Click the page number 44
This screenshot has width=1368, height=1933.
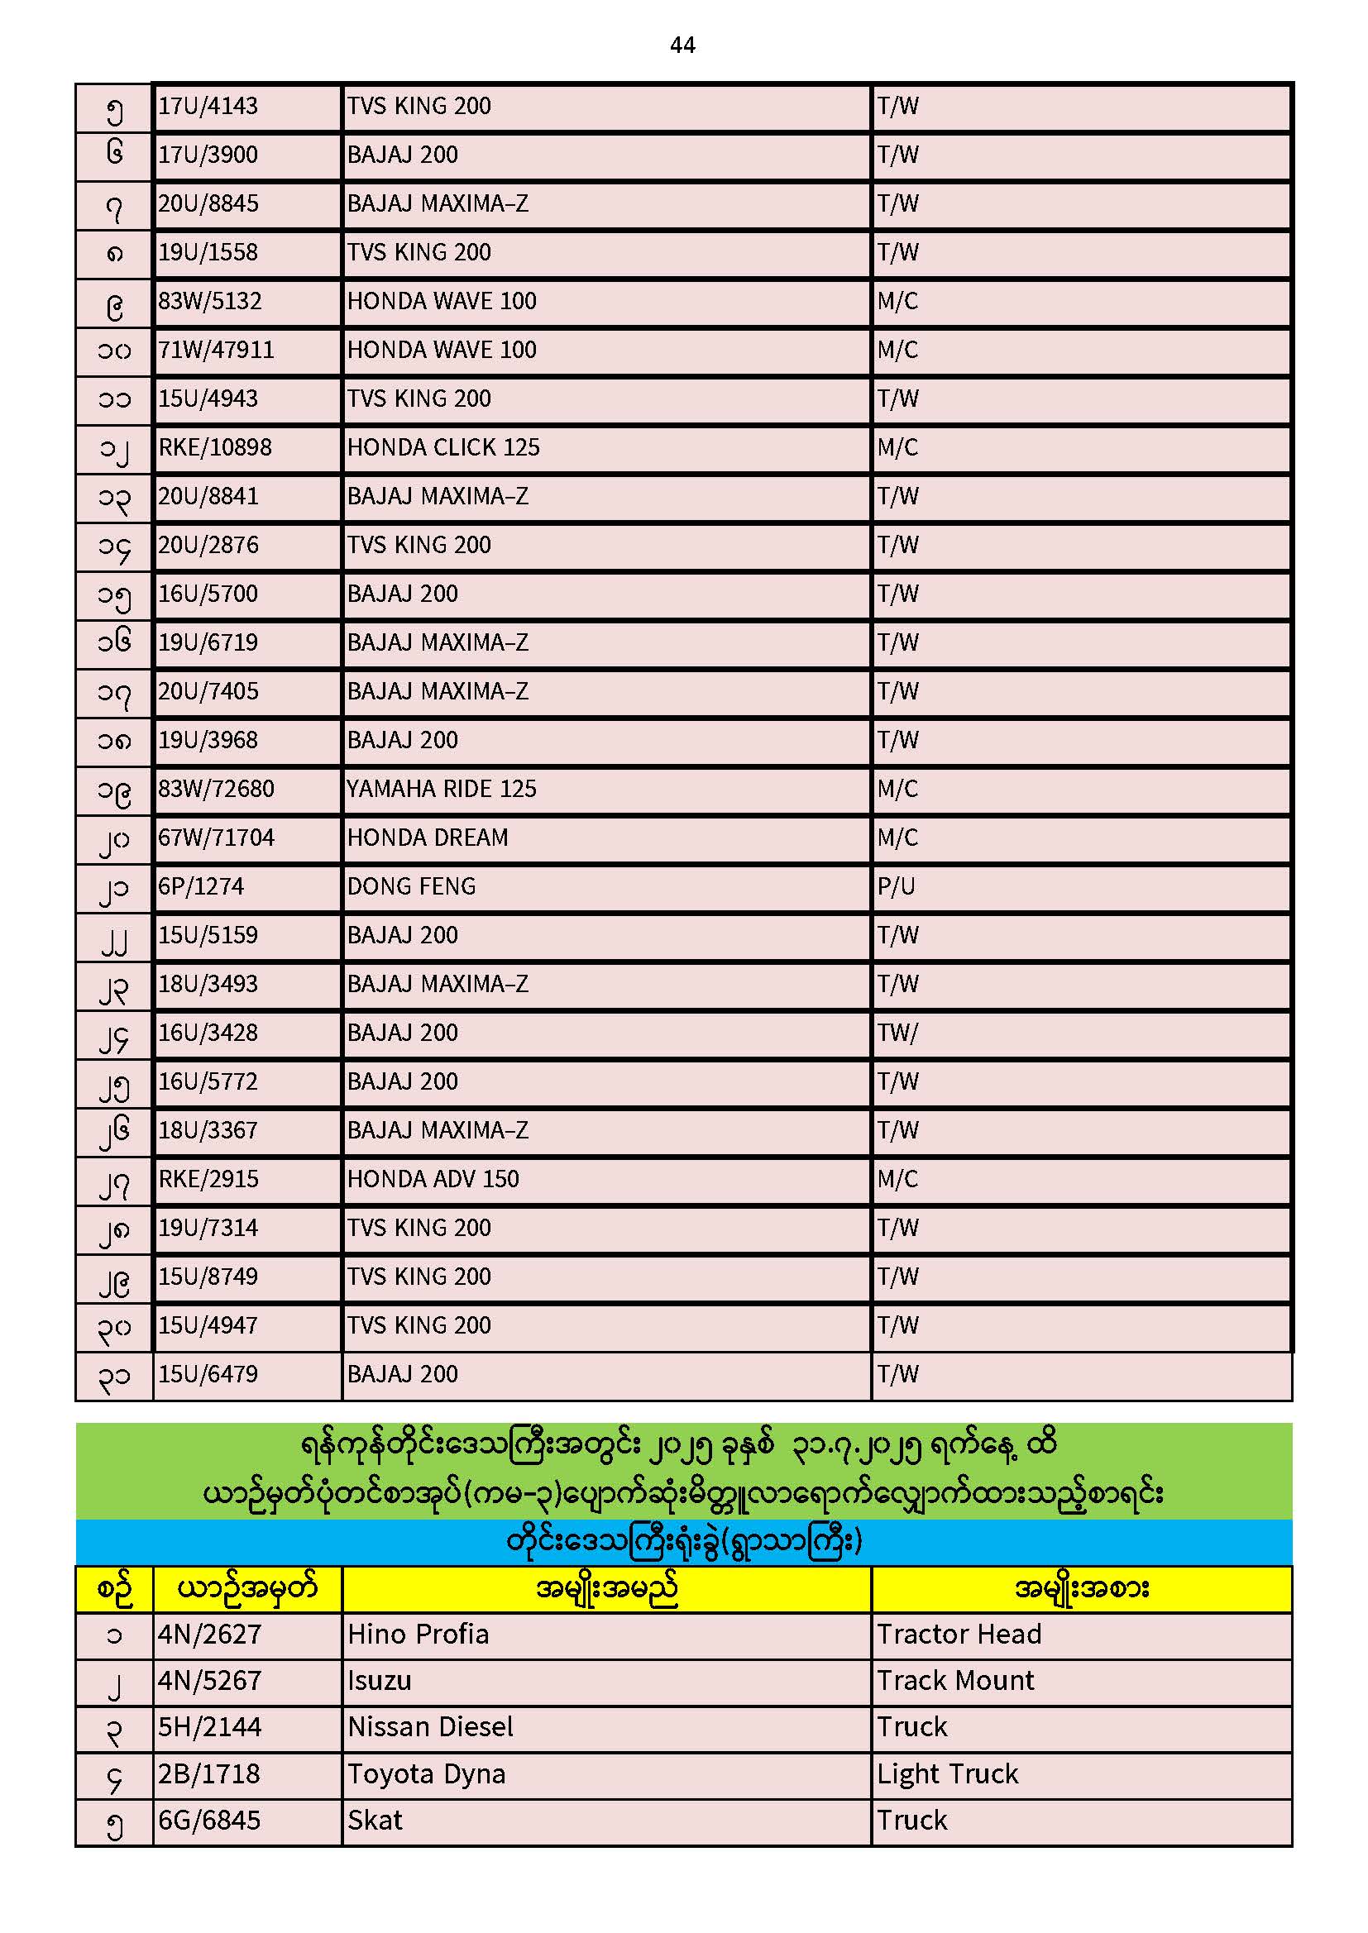(x=682, y=45)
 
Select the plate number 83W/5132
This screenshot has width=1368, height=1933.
(x=210, y=301)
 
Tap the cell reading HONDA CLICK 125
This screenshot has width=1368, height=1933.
(x=443, y=447)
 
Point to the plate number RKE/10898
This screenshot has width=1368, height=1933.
(x=215, y=447)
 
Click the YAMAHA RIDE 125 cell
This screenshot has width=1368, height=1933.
(x=442, y=789)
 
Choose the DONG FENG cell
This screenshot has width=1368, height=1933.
(x=411, y=886)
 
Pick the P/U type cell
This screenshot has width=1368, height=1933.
(x=896, y=886)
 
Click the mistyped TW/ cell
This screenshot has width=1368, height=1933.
(x=897, y=1033)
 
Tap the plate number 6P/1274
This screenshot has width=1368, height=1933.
(x=200, y=886)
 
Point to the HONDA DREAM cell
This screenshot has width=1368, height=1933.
(x=427, y=838)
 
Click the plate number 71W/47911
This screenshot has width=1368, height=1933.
(x=217, y=350)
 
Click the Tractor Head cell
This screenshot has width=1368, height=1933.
(x=959, y=1635)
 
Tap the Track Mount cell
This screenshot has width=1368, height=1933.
(x=955, y=1682)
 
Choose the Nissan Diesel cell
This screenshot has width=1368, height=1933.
(x=430, y=1728)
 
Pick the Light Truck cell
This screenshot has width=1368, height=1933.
(x=948, y=1775)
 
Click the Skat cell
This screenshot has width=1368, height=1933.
(x=375, y=1821)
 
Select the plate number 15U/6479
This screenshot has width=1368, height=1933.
(x=208, y=1374)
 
